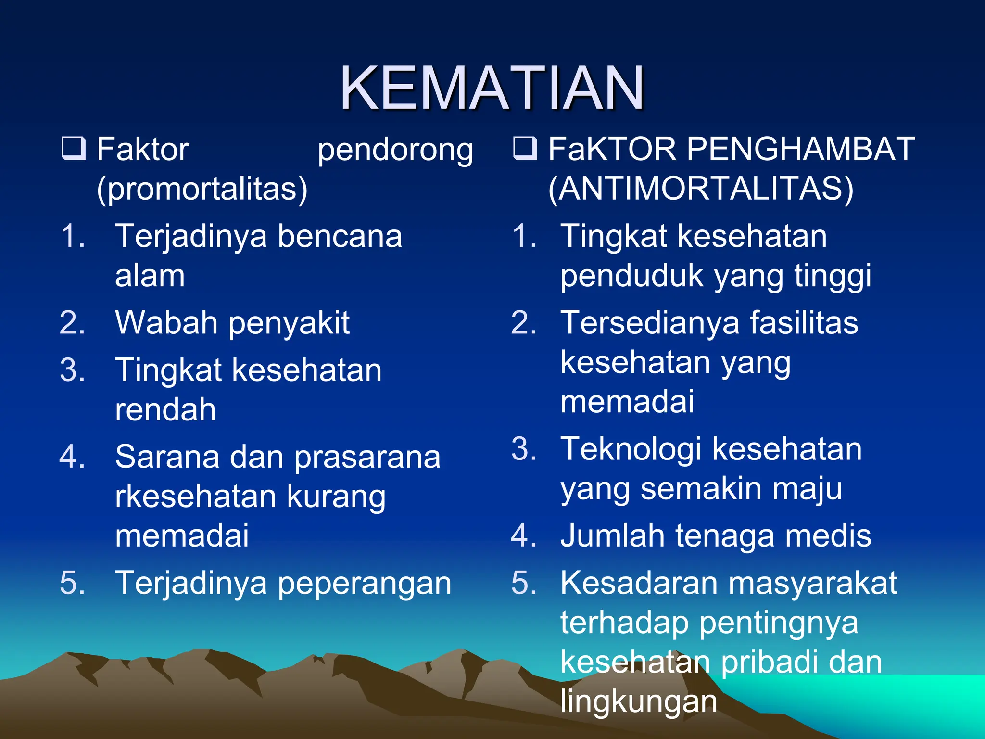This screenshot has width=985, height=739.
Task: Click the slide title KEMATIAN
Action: pyautogui.click(x=492, y=89)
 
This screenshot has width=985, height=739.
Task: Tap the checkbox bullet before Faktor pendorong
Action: pyautogui.click(x=74, y=148)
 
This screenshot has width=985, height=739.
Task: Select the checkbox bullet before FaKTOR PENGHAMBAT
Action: pyautogui.click(x=525, y=148)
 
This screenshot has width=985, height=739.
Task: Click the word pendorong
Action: pyautogui.click(x=395, y=150)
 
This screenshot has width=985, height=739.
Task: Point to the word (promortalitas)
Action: pyautogui.click(x=202, y=189)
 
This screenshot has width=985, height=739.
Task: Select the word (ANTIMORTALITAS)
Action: pyautogui.click(x=701, y=189)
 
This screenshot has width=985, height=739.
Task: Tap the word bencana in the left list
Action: pyautogui.click(x=340, y=237)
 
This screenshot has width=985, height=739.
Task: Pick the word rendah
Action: pyautogui.click(x=165, y=410)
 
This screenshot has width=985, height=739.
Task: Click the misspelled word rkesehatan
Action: pyautogui.click(x=195, y=497)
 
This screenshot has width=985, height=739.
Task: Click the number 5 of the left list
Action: pyautogui.click(x=72, y=583)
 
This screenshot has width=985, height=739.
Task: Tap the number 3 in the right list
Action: pyautogui.click(x=523, y=449)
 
